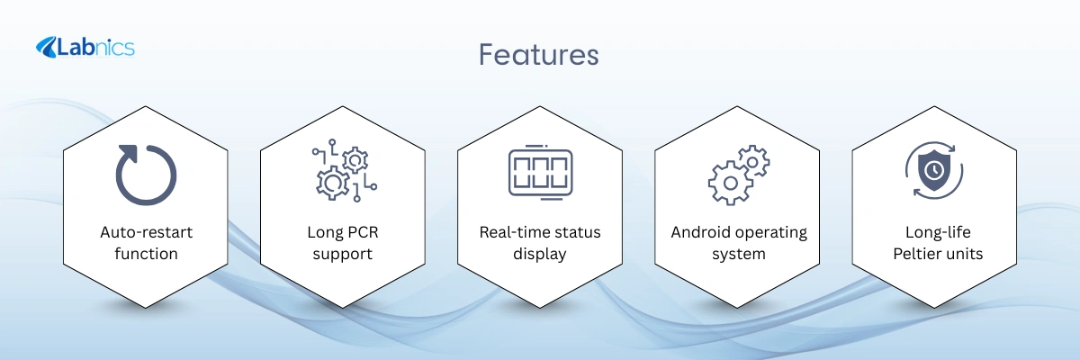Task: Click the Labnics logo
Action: point(85,48)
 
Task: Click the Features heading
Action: point(538,55)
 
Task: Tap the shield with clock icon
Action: point(934,171)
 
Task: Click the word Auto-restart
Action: point(146,232)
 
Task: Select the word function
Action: point(146,254)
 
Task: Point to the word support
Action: point(342,255)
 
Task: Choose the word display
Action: point(539,254)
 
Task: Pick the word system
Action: point(739,255)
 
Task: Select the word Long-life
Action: point(938,232)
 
